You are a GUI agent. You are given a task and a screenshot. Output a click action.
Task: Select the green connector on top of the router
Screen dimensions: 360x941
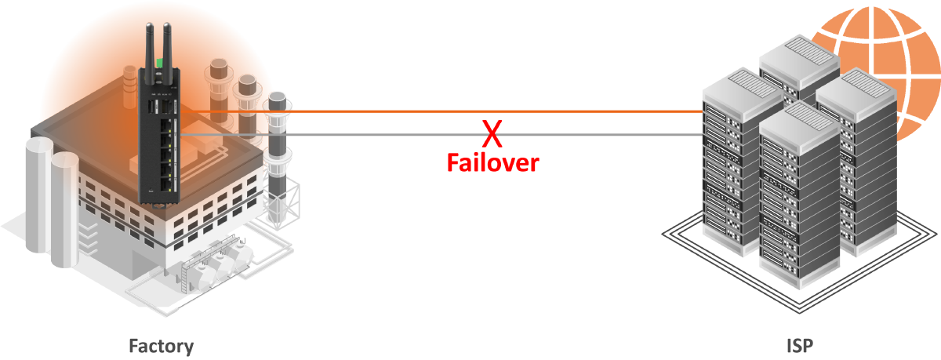pyautogui.click(x=158, y=62)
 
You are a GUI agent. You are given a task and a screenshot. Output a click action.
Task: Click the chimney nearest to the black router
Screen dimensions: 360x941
pyautogui.click(x=219, y=78)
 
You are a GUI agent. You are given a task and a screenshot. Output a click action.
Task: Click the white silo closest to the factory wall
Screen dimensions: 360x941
pyautogui.click(x=65, y=204)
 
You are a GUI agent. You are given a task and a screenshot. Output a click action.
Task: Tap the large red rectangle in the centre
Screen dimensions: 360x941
pyautogui.click(x=492, y=220)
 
